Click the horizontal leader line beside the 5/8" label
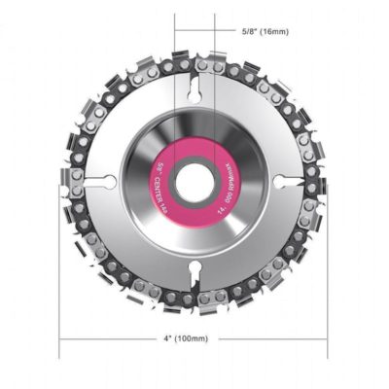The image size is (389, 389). coord(226,31)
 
